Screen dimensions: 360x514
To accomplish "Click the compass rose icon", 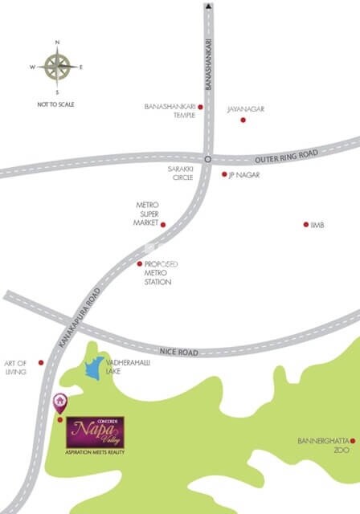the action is pyautogui.click(x=57, y=66).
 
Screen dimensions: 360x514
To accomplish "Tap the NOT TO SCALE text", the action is pyautogui.click(x=56, y=104).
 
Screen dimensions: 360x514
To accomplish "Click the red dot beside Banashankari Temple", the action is pyautogui.click(x=201, y=107).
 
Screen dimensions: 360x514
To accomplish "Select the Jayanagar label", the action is pyautogui.click(x=245, y=108).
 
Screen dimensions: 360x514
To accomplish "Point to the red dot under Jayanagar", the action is pyautogui.click(x=243, y=120).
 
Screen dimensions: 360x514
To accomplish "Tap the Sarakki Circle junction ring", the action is pyautogui.click(x=207, y=159).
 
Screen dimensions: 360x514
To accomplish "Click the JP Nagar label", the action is pyautogui.click(x=245, y=174).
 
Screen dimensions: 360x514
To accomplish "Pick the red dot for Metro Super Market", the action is pyautogui.click(x=163, y=225).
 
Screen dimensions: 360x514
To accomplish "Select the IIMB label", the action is pyautogui.click(x=317, y=225).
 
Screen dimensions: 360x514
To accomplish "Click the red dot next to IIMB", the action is pyautogui.click(x=305, y=225).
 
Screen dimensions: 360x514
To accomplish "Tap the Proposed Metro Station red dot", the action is pyautogui.click(x=139, y=263).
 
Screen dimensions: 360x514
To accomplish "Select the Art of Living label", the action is pyautogui.click(x=15, y=367).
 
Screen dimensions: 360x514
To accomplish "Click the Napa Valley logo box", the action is pyautogui.click(x=95, y=433).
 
